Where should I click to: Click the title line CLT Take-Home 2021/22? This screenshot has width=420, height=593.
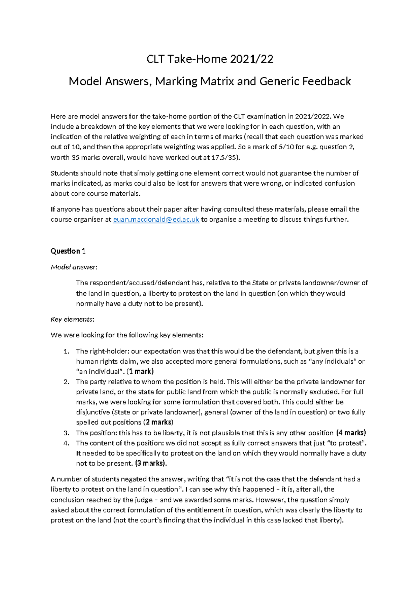point(210,59)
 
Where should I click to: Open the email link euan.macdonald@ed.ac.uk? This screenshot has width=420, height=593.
point(156,220)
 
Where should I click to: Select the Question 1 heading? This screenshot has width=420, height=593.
point(68,251)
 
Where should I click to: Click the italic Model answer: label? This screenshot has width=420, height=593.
point(74,267)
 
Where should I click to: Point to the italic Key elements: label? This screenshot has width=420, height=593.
point(72,319)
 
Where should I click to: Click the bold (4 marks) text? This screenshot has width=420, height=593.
point(351,433)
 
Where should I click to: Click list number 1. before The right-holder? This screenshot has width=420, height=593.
point(67,351)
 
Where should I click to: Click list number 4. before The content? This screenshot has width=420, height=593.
point(67,443)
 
